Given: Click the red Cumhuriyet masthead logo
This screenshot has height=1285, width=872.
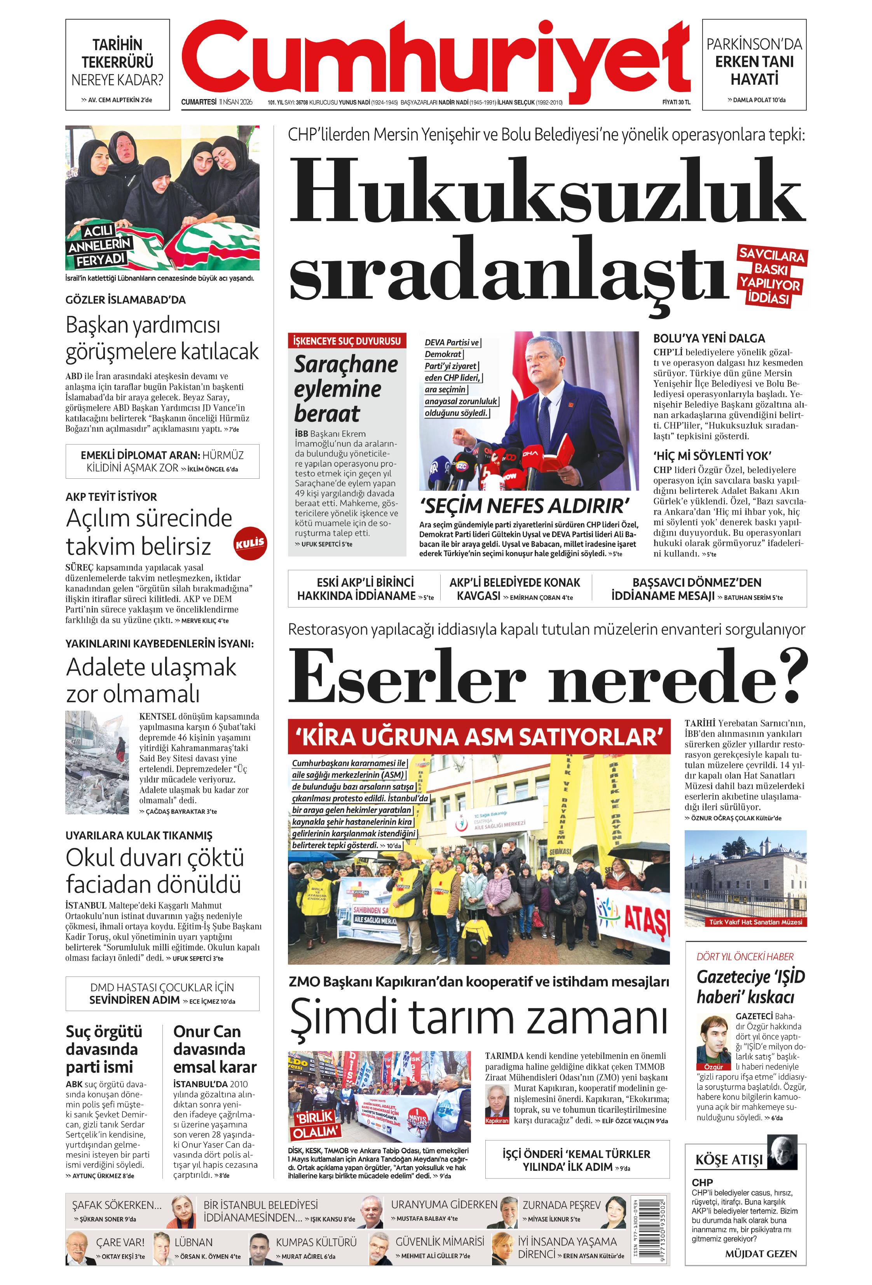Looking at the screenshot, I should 436,58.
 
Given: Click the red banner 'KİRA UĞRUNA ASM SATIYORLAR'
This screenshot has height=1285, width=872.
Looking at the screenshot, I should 478,736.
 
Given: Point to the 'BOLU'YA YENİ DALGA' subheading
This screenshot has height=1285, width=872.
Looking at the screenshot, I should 709,338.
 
